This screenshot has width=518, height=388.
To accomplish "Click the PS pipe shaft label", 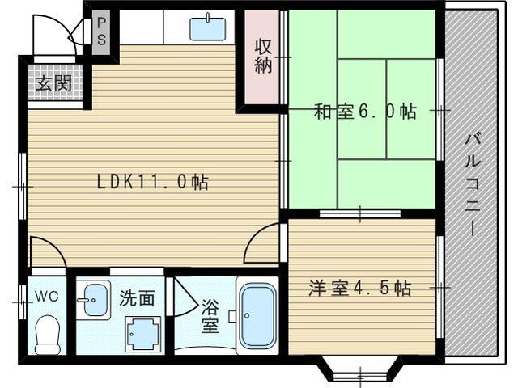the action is point(101,32).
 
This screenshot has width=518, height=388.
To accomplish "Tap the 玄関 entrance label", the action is point(54,83).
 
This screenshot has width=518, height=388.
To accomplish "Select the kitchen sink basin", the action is point(208,29).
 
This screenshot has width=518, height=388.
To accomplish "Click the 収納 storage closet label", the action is point(263,56).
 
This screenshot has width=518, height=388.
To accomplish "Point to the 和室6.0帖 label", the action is point(365,112).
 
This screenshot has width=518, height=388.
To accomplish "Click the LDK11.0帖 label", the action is point(153,182).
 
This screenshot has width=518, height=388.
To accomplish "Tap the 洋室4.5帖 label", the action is point(359,288).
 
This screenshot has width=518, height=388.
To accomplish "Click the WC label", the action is point(47,297).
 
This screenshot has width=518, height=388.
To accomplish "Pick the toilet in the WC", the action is point(48,335).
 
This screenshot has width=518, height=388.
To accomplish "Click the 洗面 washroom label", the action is point(137,298).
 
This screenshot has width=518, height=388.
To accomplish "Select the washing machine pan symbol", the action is point(143,334).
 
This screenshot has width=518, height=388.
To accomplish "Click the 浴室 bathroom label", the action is point(210,316).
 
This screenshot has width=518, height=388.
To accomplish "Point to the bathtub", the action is point(257,315).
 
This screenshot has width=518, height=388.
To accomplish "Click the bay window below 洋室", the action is point(360,369).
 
